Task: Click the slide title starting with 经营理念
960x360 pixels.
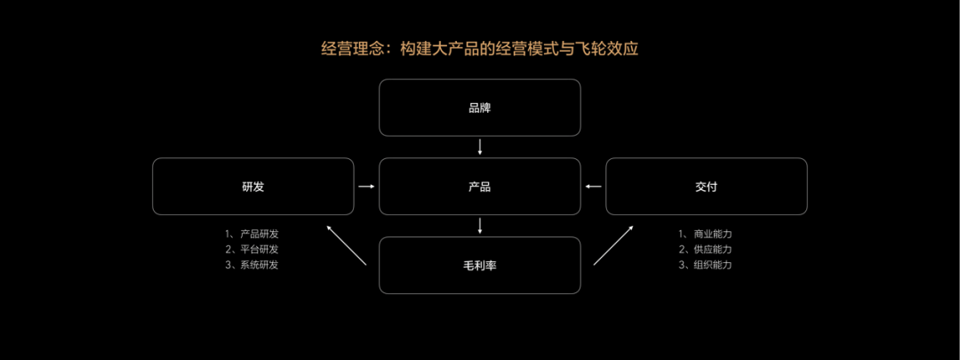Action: click(x=480, y=49)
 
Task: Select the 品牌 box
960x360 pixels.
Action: click(x=480, y=108)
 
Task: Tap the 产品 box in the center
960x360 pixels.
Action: click(x=480, y=187)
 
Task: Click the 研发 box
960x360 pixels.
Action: click(x=252, y=187)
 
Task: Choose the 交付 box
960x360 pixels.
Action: click(x=707, y=187)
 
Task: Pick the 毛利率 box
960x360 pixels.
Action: click(x=480, y=265)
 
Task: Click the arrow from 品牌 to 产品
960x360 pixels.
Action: click(x=480, y=147)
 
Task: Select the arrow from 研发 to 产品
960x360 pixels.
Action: click(x=366, y=187)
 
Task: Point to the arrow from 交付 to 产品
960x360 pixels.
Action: click(x=593, y=187)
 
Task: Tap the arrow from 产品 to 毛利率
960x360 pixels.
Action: click(x=480, y=226)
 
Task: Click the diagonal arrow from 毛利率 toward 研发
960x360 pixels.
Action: click(x=347, y=245)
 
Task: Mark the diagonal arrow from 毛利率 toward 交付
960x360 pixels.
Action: click(x=613, y=245)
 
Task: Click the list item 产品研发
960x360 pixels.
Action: click(x=252, y=234)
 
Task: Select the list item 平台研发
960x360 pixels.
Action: click(x=252, y=250)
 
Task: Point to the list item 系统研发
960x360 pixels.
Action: click(x=252, y=266)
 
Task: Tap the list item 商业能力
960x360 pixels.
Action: click(x=705, y=234)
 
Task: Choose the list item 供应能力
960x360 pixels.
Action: click(x=705, y=250)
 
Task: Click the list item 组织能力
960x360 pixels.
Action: click(x=705, y=266)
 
